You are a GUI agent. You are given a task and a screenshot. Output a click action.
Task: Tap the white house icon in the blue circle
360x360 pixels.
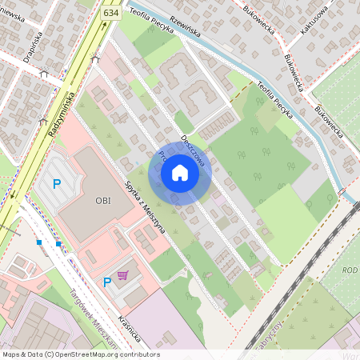click(180, 173)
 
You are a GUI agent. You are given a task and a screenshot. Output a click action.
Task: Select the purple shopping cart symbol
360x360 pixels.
click(122, 275)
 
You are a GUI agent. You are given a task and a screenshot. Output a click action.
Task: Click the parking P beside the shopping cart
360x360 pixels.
click(107, 282)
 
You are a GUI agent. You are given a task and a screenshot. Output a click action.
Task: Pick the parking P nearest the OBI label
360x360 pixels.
click(56, 184)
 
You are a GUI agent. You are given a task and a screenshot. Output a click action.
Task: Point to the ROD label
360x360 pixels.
click(350, 270)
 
